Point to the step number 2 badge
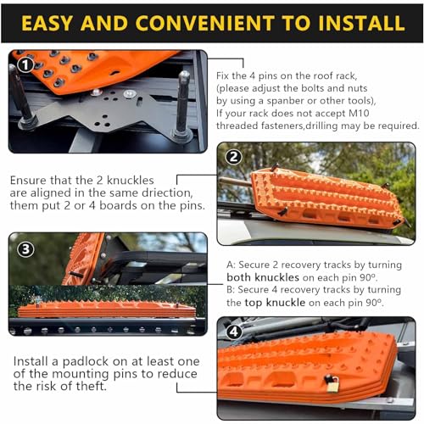coord(235,156)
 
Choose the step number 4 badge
coord(235,332)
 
